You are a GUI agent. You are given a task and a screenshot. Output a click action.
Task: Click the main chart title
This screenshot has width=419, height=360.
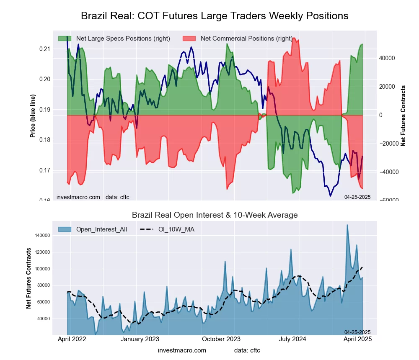click(x=215, y=16)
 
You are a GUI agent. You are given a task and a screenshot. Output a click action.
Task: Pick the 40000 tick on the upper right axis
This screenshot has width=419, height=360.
click(x=388, y=58)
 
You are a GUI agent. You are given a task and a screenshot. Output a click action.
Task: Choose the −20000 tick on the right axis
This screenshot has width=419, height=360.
click(x=389, y=143)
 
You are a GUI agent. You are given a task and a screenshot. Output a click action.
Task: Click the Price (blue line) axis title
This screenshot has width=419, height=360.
click(x=32, y=116)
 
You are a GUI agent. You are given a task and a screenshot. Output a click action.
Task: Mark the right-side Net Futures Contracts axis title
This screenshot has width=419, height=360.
click(x=403, y=116)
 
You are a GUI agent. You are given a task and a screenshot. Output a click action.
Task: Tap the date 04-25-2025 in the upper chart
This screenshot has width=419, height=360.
click(x=357, y=197)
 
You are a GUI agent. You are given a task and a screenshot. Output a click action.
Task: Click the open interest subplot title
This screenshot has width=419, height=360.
click(x=215, y=215)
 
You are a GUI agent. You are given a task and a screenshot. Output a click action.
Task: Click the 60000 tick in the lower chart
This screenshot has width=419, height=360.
click(x=43, y=302)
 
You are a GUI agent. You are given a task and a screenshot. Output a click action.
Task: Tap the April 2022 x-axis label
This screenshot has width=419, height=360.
click(x=71, y=339)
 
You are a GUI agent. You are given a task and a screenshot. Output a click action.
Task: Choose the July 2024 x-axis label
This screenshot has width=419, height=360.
click(x=292, y=339)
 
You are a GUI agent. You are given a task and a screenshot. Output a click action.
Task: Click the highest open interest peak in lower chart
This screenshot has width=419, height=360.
click(x=347, y=225)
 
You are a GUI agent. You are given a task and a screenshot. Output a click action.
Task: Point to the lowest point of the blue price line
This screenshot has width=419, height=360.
click(x=330, y=196)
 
